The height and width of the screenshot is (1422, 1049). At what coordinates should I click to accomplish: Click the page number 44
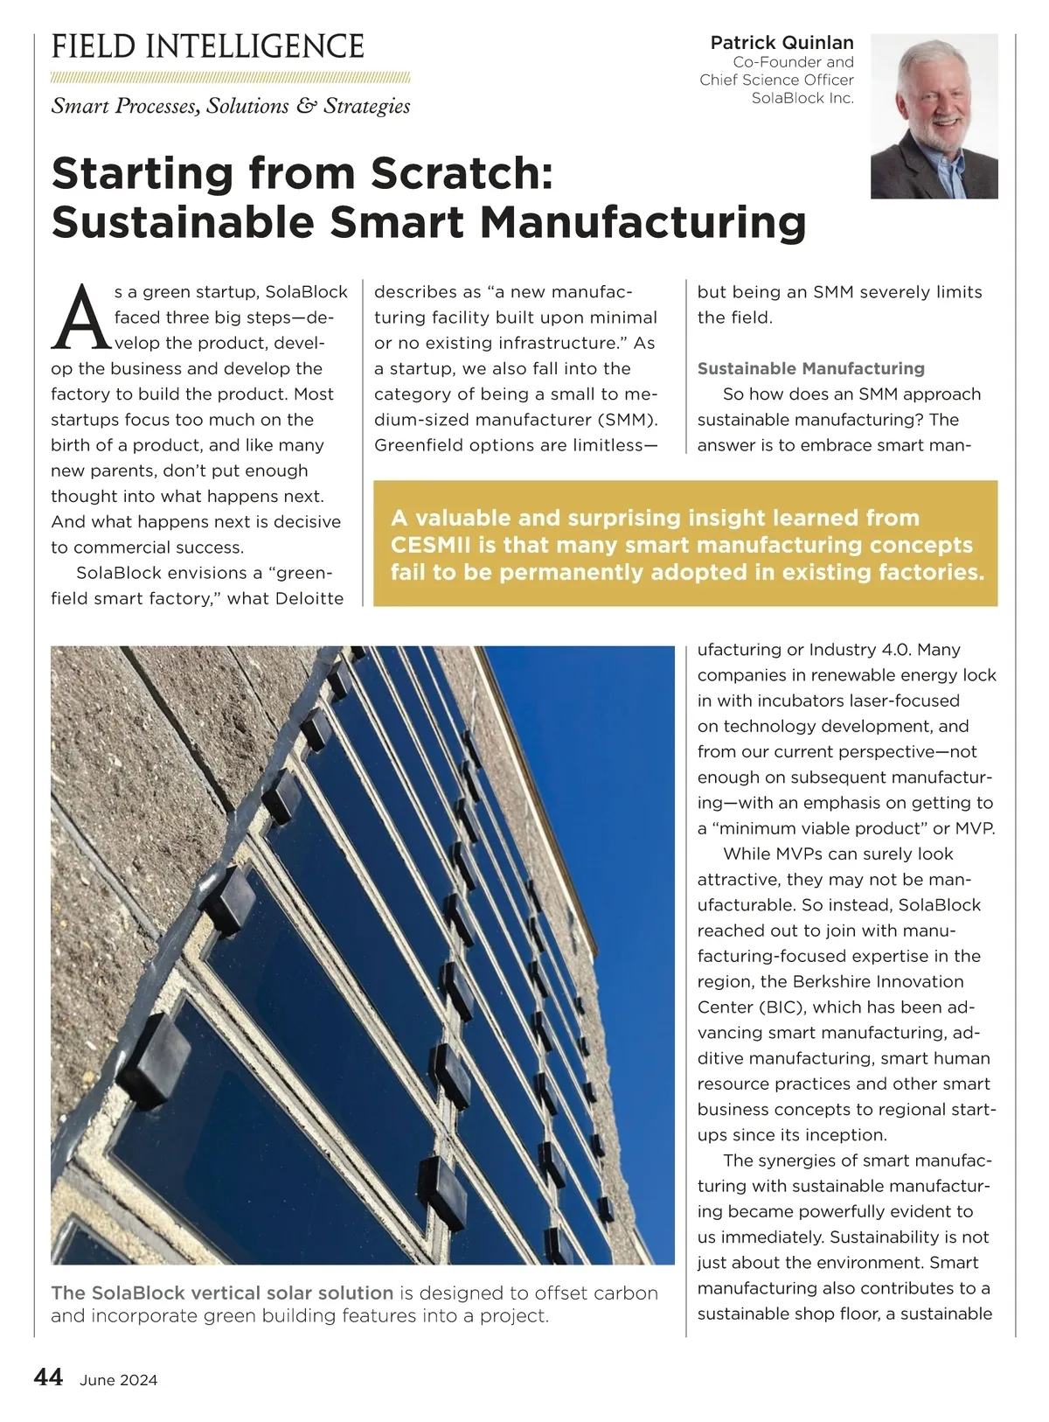48,1377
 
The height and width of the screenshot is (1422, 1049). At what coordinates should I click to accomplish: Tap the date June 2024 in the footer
118,1380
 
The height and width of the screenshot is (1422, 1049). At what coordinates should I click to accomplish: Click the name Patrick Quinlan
782,42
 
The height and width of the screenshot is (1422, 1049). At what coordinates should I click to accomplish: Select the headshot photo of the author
934,116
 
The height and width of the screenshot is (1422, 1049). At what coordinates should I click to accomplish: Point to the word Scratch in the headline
462,172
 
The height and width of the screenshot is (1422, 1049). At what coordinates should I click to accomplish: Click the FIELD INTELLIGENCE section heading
208,46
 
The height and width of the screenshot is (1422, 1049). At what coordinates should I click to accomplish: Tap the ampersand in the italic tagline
305,106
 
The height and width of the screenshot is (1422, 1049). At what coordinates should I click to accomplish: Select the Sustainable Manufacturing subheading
810,368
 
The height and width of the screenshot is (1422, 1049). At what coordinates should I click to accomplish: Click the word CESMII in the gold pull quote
431,545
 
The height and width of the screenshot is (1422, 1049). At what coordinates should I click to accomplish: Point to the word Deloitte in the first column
310,598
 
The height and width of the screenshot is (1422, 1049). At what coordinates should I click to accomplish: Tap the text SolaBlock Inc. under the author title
802,98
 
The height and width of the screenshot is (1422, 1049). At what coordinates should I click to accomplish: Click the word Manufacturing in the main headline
643,221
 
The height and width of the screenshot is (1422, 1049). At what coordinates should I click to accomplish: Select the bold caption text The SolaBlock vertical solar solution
222,1293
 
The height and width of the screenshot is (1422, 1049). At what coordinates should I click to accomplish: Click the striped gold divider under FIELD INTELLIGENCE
230,78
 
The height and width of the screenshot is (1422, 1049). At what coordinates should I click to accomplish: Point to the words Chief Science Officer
776,80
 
